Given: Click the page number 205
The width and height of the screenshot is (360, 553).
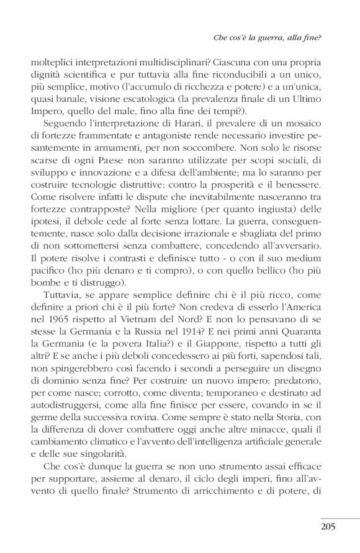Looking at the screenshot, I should tap(328, 528).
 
